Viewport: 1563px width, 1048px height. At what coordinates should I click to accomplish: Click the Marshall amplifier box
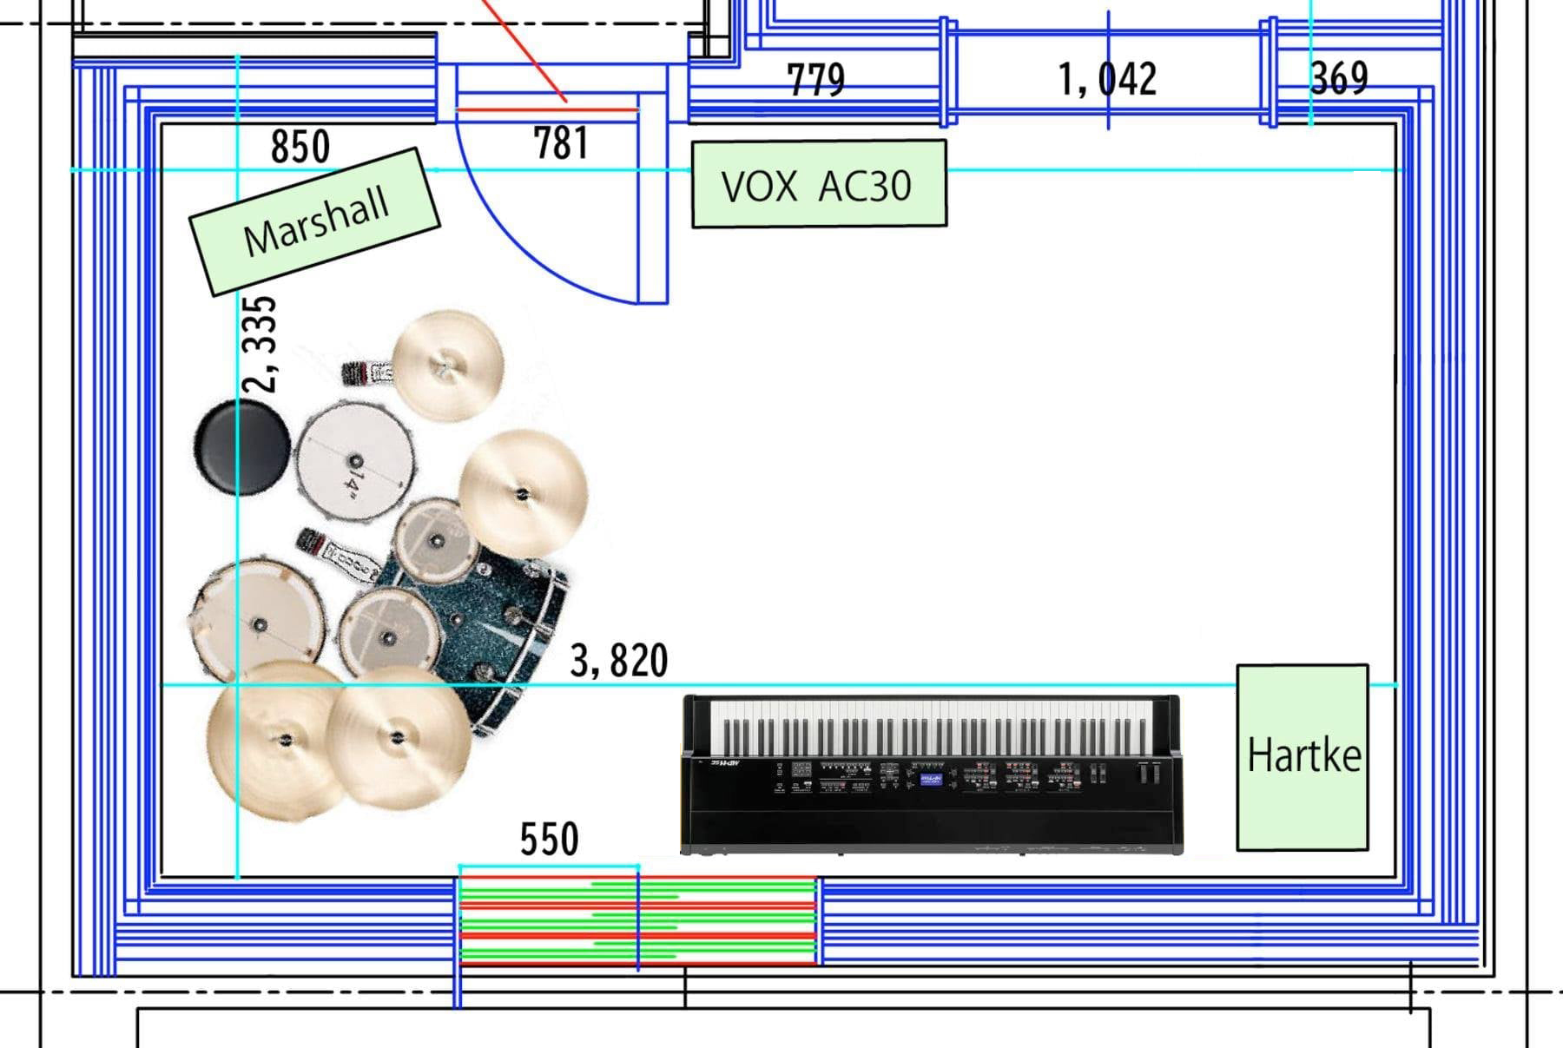tap(314, 221)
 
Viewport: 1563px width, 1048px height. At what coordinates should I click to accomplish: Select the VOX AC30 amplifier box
tap(818, 185)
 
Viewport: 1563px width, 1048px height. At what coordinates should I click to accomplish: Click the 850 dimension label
tap(300, 147)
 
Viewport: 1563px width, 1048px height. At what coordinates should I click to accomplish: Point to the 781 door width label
tap(561, 143)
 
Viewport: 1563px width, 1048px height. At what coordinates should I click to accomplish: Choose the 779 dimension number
tap(815, 80)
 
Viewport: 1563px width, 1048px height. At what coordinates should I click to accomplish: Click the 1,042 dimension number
tap(1107, 80)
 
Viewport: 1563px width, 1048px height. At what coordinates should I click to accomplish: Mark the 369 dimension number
tap(1339, 78)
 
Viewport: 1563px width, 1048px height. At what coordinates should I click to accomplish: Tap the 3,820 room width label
tap(619, 661)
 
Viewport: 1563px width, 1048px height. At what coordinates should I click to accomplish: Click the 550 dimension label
tap(549, 839)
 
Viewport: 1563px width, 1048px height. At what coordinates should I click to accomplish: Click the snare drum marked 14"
tap(354, 461)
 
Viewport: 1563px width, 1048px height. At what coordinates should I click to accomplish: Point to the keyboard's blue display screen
tap(930, 779)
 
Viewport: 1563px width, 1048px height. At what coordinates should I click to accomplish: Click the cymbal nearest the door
tap(448, 365)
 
